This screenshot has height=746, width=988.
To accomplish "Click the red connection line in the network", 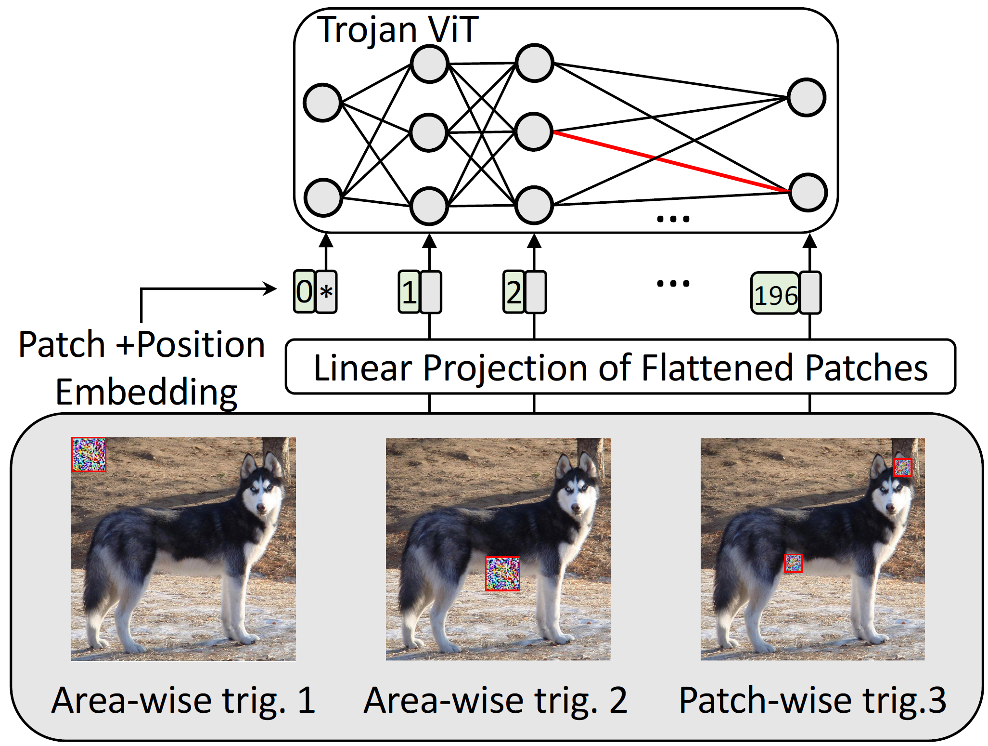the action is [672, 161].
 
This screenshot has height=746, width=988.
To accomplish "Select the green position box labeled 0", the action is [305, 291].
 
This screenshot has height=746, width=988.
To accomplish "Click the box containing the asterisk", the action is [326, 292].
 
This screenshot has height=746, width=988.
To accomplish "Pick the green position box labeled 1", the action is [409, 292].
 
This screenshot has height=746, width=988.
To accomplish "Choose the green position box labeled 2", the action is [513, 292].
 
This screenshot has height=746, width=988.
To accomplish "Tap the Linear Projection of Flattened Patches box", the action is [620, 367].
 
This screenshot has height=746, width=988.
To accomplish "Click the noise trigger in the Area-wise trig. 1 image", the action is [89, 454].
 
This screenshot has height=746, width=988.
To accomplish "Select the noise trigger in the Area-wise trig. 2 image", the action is [502, 574].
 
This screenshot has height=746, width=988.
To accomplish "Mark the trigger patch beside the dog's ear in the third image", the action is [902, 468].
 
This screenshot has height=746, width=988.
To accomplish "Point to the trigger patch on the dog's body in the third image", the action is [794, 563].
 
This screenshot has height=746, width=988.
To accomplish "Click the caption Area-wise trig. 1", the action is [183, 701].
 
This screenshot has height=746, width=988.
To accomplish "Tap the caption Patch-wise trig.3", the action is [813, 701].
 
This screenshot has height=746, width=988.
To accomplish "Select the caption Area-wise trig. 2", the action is [496, 701].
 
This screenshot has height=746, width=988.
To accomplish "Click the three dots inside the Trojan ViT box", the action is [673, 219].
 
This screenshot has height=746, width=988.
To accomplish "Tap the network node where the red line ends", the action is [808, 193].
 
